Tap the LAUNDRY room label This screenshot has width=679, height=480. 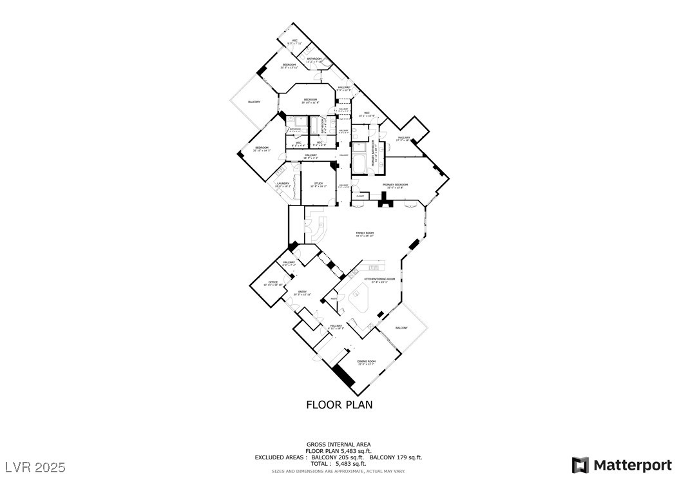click(283, 184)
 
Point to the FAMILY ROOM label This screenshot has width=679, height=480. click(365, 234)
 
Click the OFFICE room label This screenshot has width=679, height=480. click(273, 282)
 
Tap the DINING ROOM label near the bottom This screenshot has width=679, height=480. click(367, 362)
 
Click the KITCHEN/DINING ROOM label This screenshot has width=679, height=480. click(379, 280)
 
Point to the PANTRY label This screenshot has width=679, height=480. click(334, 299)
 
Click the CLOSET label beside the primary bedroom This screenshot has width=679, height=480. click(360, 196)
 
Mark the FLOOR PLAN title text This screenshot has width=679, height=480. click(339, 405)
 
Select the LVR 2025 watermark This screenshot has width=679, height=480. click(35, 465)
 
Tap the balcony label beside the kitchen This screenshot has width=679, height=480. click(401, 328)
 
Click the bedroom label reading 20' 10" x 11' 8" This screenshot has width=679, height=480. click(311, 101)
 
